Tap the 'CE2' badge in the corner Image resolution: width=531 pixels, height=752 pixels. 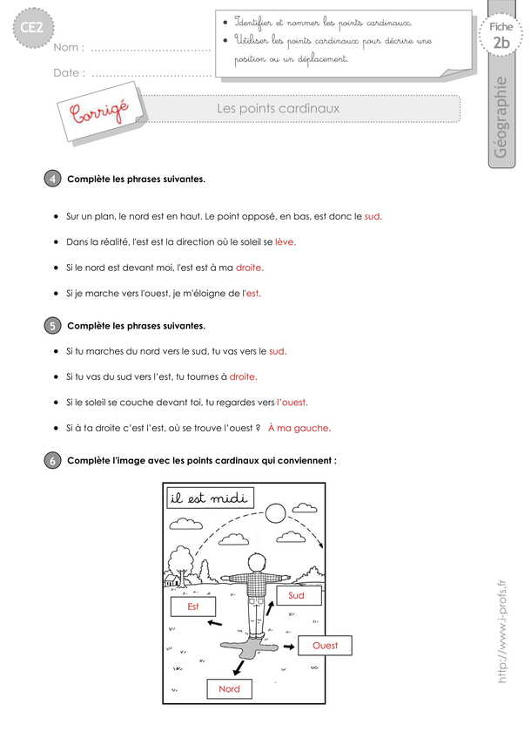click(x=28, y=31)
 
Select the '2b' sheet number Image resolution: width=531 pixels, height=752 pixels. click(x=501, y=43)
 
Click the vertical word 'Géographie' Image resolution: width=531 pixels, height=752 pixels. click(x=501, y=118)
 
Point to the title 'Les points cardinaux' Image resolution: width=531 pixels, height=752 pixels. click(x=278, y=108)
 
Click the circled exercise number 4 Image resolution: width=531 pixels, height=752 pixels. click(x=52, y=180)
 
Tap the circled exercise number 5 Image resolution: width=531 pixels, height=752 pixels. click(x=52, y=326)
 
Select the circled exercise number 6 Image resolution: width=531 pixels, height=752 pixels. click(x=52, y=461)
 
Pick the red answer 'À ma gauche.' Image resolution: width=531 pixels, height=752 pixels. click(x=299, y=428)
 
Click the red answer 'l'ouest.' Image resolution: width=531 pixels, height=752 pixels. click(x=292, y=402)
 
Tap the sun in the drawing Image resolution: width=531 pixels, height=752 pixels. click(x=276, y=511)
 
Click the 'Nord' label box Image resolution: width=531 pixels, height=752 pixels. click(x=229, y=688)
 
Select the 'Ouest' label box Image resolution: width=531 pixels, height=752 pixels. click(x=325, y=646)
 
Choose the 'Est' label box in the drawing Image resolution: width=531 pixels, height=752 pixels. click(x=193, y=606)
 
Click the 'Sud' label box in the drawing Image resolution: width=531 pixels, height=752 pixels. click(x=297, y=595)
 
